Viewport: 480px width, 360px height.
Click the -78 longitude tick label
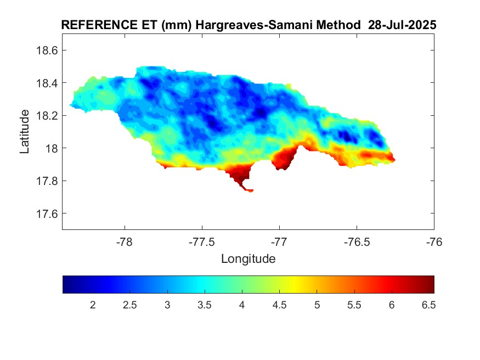125,242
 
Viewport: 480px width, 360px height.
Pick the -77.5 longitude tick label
202,242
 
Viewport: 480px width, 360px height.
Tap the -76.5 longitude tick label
357,242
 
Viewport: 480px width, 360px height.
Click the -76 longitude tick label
434,242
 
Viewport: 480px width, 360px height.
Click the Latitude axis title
25,132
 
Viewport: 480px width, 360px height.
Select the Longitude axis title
248,258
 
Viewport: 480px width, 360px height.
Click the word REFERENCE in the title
95,26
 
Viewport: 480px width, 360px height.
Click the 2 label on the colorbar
93,305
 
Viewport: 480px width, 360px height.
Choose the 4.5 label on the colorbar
279,305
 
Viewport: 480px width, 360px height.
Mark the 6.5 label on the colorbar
428,305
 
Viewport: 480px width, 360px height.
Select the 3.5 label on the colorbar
204,305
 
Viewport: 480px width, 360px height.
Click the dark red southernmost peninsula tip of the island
250,190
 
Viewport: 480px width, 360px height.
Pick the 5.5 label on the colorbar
353,305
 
